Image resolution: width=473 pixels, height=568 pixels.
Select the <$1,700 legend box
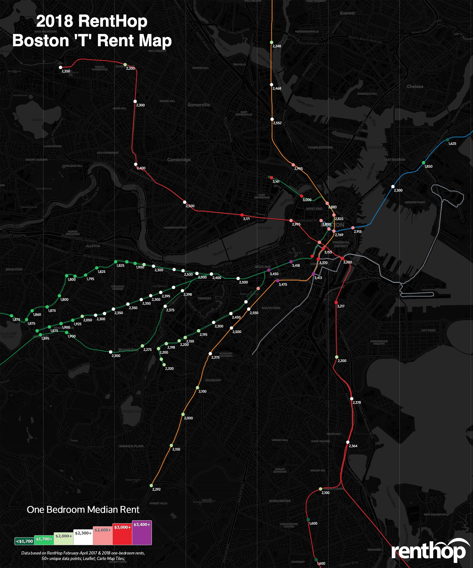24,541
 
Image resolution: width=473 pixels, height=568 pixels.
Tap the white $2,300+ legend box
83,537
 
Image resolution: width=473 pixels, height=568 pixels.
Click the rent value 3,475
283,284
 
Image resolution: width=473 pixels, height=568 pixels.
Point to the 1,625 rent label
452,143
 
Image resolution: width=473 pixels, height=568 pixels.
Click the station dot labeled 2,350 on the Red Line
61,67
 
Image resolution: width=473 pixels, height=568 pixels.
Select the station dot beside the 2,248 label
272,42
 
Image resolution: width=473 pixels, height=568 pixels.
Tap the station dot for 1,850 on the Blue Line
424,163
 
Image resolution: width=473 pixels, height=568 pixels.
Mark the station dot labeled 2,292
151,485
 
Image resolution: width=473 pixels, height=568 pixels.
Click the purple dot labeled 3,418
291,262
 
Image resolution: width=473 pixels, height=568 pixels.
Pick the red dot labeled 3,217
336,302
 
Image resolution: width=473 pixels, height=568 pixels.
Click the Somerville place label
199,105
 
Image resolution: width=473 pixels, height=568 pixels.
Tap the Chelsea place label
415,87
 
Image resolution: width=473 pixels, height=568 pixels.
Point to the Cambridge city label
179,160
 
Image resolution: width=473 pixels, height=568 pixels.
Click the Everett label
347,13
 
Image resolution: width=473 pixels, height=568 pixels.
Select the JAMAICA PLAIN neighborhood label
131,446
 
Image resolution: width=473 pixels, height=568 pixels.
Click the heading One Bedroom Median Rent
83,510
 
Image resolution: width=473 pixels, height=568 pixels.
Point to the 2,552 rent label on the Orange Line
277,123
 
